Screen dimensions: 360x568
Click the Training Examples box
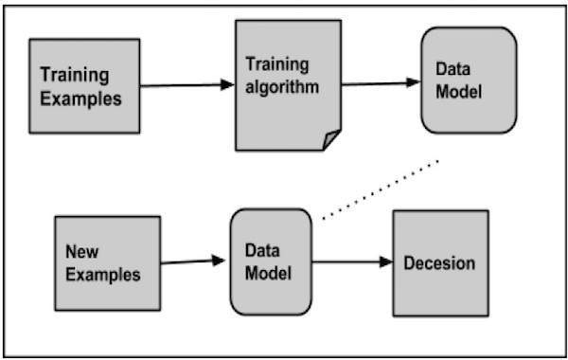pos(84,85)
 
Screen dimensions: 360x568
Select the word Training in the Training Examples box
pos(74,74)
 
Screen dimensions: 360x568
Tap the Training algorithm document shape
pos(287,85)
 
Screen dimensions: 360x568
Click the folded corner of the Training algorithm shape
pos(330,141)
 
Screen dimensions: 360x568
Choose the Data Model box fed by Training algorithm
pos(468,81)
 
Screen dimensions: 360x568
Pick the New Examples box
pos(106,262)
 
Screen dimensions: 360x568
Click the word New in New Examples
pos(83,252)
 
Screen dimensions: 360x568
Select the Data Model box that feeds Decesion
pos(270,262)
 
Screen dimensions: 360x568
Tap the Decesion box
pos(440,262)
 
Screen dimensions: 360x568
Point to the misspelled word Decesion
pos(440,263)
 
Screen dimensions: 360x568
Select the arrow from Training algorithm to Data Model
pos(379,82)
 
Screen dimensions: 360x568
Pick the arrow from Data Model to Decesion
pos(350,262)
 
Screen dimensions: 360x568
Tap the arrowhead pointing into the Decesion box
pos(386,262)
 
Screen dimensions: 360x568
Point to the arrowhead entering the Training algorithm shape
pos(227,85)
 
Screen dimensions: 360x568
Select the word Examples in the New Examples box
pos(103,275)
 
